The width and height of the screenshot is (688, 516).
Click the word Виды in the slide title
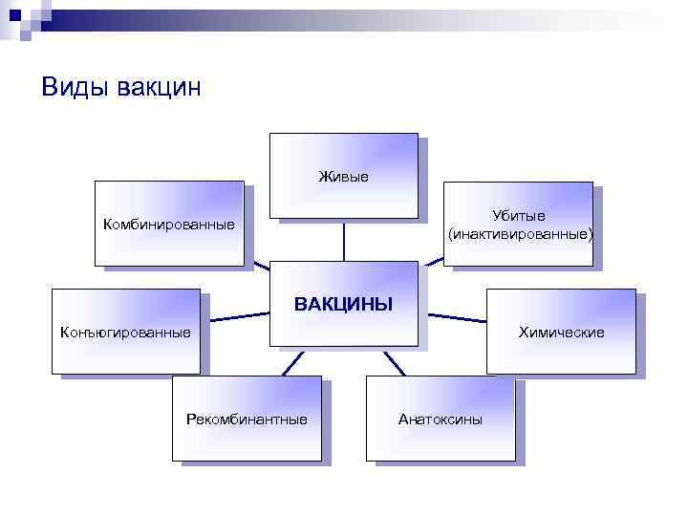[x=75, y=88]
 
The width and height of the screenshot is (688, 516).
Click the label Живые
[x=343, y=176]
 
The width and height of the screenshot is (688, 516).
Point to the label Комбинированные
[x=169, y=225]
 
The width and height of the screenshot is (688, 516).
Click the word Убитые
[x=519, y=216]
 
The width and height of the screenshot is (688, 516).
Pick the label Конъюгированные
[x=126, y=333]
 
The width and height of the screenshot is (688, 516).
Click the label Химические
[x=561, y=333]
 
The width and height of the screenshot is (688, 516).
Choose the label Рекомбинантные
[x=247, y=419]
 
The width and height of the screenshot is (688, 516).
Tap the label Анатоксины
[x=441, y=419]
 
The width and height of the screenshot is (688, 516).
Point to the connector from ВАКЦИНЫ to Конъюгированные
[x=234, y=314]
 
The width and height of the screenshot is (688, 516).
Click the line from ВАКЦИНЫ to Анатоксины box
[x=393, y=363]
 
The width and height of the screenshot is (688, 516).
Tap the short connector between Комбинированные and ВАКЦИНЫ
[x=257, y=264]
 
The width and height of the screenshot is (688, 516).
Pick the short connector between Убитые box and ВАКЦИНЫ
[x=433, y=263]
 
